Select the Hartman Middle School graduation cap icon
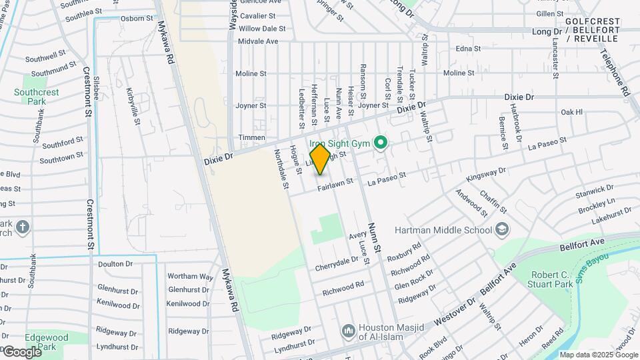[x=502, y=231]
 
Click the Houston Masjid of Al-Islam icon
[x=348, y=331]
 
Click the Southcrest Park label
[x=36, y=97]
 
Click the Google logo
[x=21, y=351]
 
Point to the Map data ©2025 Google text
[x=598, y=355]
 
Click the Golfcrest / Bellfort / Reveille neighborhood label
[x=592, y=31]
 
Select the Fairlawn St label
[x=335, y=187]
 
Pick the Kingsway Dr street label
[x=487, y=175]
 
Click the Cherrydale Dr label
[x=338, y=263]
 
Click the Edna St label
[x=467, y=49]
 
